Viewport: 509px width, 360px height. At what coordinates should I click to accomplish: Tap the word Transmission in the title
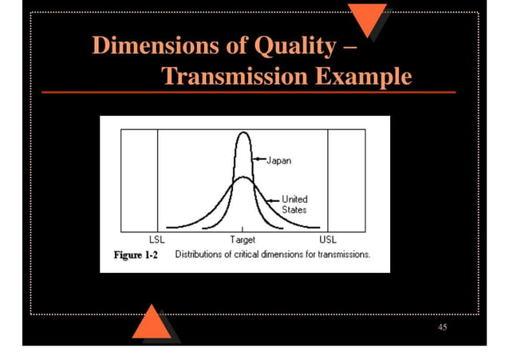(x=232, y=77)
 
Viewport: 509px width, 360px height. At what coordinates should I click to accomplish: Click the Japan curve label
(x=278, y=160)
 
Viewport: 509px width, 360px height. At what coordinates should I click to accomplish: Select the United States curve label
(x=294, y=204)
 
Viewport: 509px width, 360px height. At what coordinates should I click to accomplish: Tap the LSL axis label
(x=157, y=239)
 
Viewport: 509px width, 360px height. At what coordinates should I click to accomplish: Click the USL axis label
(x=327, y=239)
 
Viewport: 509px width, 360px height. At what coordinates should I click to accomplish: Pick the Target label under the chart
(x=243, y=239)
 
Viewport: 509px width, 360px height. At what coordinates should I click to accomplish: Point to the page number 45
(x=442, y=328)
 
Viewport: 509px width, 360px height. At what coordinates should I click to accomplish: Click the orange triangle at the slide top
(x=367, y=18)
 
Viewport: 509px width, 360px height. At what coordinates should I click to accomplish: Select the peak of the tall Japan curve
(x=243, y=133)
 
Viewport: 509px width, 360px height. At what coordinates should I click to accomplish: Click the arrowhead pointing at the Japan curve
(x=256, y=160)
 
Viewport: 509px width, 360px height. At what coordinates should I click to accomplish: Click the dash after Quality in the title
(x=349, y=46)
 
